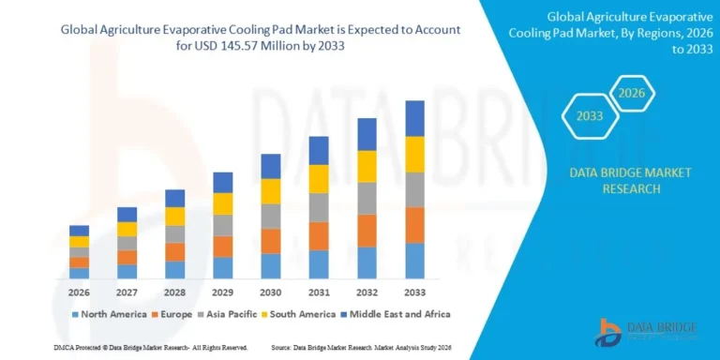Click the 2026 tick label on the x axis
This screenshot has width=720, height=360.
[x=79, y=292]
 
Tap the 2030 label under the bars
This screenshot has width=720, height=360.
[x=270, y=292]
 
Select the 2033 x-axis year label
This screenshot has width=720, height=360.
[x=414, y=292]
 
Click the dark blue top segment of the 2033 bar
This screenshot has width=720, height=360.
[x=414, y=118]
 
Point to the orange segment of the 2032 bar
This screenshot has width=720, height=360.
[x=367, y=231]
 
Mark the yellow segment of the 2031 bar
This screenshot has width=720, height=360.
[x=319, y=179]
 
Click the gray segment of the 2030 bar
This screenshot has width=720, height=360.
[x=270, y=217]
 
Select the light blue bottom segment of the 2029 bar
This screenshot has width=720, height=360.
[x=222, y=268]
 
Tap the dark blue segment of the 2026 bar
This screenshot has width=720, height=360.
[x=79, y=231]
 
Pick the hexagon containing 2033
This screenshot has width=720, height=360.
[x=589, y=117]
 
